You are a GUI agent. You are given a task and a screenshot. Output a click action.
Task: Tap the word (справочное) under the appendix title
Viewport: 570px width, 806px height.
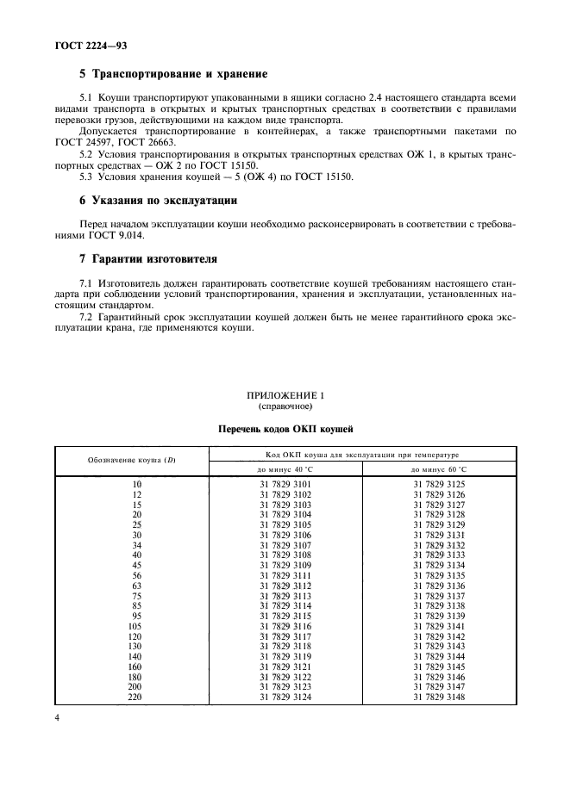[x=285, y=405]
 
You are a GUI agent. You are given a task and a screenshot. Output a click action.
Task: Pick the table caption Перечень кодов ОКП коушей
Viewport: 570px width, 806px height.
[x=285, y=428]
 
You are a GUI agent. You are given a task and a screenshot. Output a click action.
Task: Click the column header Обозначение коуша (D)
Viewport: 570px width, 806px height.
[x=132, y=460]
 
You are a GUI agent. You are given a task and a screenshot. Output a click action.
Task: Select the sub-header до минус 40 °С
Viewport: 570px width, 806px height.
[x=285, y=468]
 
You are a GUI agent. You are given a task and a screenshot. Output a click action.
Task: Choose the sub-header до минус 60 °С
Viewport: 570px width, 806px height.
[x=439, y=468]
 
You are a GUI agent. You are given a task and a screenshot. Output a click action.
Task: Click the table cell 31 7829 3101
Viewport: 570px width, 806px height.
[x=285, y=486]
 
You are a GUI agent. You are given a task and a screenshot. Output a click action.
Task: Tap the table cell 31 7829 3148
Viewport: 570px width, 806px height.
[x=439, y=697]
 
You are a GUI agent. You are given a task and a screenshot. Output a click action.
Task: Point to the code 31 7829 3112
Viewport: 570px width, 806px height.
[x=285, y=586]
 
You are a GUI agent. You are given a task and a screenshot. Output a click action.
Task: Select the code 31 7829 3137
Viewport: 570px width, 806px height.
[x=439, y=595]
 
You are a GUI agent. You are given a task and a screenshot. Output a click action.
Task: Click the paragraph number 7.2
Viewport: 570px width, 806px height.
[x=86, y=318]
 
